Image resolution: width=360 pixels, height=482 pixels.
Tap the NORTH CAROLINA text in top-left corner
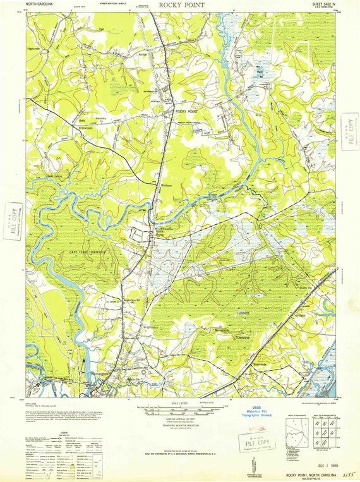pyautogui.click(x=40, y=4)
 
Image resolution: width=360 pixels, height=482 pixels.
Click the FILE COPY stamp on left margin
pyautogui.click(x=12, y=219)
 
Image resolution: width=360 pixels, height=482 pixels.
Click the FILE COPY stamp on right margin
pyautogui.click(x=348, y=130)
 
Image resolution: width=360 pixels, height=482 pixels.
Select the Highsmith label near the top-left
pyautogui.click(x=33, y=48)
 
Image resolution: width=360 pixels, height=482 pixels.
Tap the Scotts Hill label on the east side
pyautogui.click(x=306, y=288)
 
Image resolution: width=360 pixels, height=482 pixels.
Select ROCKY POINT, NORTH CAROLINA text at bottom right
pyautogui.click(x=309, y=474)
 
